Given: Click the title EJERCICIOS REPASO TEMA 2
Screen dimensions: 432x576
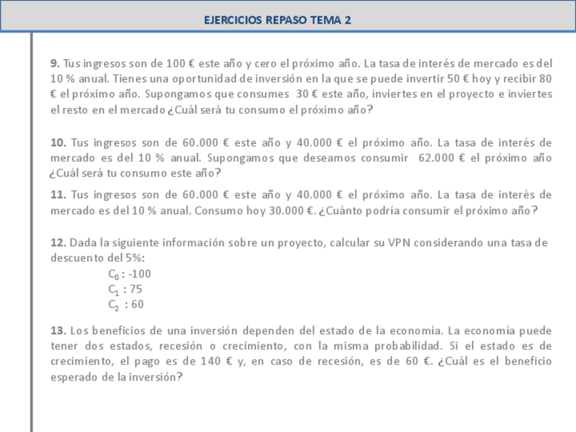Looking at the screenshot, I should pos(278,20).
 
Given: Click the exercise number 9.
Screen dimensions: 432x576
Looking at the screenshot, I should pos(55,63).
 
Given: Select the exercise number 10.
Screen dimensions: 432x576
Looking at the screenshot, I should pos(58,143).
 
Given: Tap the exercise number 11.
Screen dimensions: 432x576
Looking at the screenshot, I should pos(58,195).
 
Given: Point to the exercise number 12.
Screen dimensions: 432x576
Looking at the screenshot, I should pos(58,242).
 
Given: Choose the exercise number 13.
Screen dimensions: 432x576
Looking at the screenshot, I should pos(58,331).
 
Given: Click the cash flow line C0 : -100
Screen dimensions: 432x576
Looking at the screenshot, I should pos(129,274).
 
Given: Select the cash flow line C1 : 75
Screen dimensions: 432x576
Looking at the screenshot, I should pos(125,289).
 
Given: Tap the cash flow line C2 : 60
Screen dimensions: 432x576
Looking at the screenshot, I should pos(126,304).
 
